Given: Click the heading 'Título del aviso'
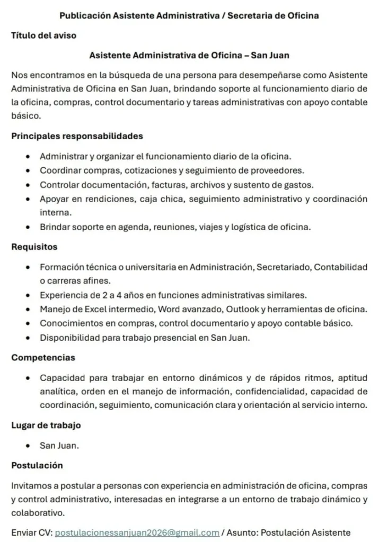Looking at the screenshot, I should (44, 35).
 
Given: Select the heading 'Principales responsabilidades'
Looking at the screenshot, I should (77, 136).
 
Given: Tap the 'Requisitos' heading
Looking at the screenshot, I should (34, 247).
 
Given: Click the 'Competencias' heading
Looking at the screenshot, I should (43, 357).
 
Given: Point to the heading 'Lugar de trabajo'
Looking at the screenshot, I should (46, 425).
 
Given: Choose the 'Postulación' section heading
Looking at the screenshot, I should (37, 465).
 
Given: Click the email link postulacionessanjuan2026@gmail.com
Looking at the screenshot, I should (137, 532).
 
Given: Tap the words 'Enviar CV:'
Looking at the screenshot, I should (31, 532).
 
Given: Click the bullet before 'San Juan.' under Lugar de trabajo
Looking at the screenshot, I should (27, 446).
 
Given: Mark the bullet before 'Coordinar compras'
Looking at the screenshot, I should (27, 170).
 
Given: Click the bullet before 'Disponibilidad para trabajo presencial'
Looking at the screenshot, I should (27, 337).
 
